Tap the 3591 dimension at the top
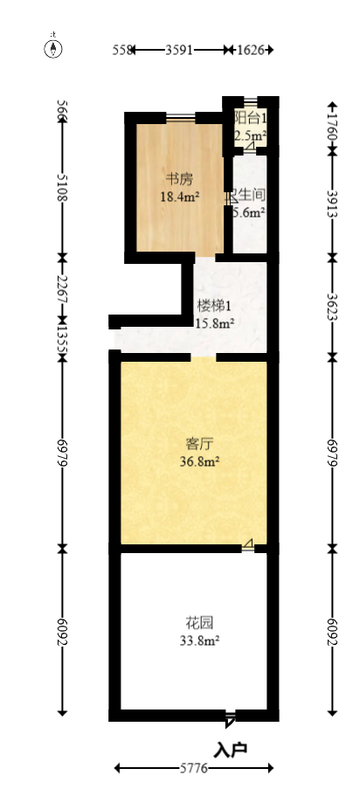pyautogui.click(x=178, y=51)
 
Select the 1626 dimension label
pyautogui.click(x=251, y=51)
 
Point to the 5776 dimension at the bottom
pyautogui.click(x=193, y=768)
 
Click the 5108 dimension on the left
pyautogui.click(x=62, y=188)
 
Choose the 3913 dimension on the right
pyautogui.click(x=331, y=205)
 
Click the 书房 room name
pyautogui.click(x=180, y=180)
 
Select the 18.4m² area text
pyautogui.click(x=180, y=197)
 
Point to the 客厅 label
pyautogui.click(x=194, y=443)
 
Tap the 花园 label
pyautogui.click(x=194, y=623)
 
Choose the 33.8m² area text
pyautogui.click(x=194, y=640)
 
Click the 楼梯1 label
pyautogui.click(x=214, y=306)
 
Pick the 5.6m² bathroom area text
pyautogui.click(x=249, y=211)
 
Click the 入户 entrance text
pyautogui.click(x=232, y=748)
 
